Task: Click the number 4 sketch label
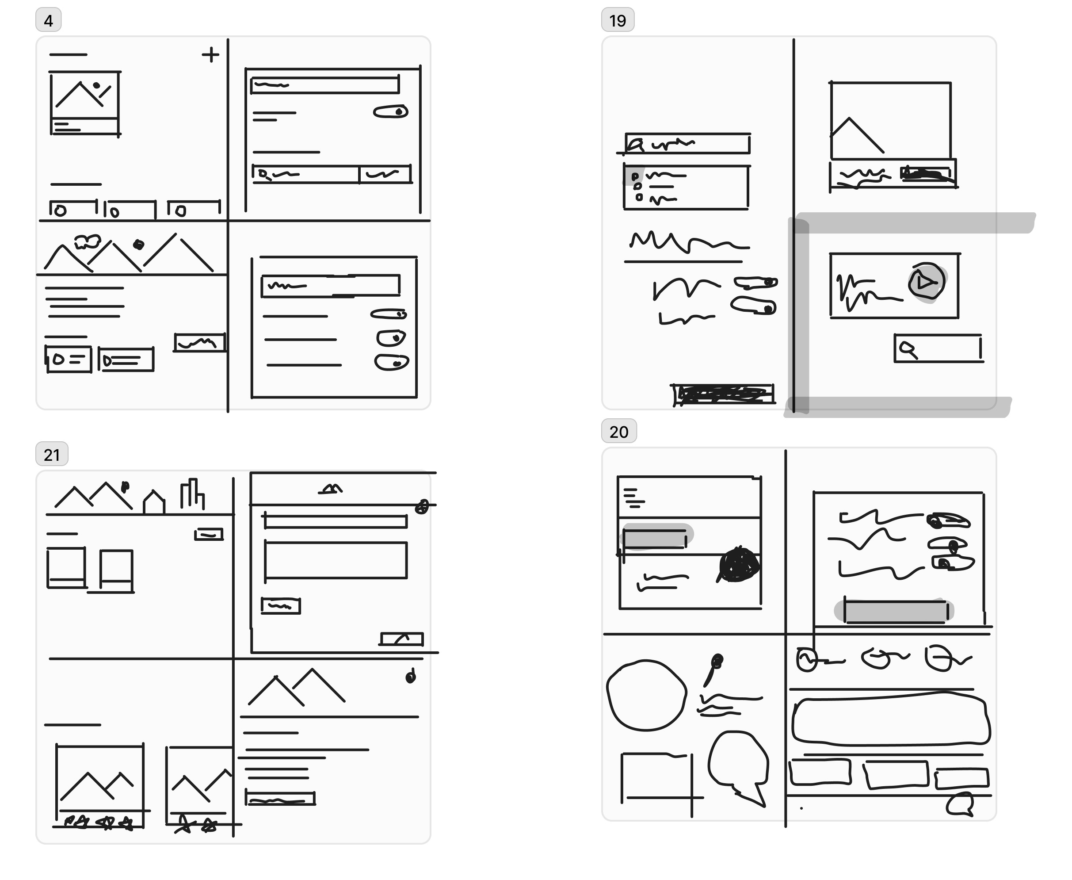pos(48,20)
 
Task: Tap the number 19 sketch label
pos(618,20)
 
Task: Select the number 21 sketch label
pos(52,454)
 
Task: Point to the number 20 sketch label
pos(618,432)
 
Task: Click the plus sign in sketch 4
pos(210,54)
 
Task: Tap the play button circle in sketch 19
pos(926,281)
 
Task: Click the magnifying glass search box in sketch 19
pos(938,348)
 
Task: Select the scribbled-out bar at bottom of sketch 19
pos(724,394)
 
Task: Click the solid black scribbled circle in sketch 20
pos(739,564)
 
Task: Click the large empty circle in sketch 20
pos(646,695)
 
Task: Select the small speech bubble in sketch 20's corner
pos(960,804)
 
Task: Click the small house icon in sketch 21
pos(154,502)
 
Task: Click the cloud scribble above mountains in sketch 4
pos(87,241)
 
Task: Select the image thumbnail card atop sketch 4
pos(84,103)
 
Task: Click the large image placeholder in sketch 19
pos(890,120)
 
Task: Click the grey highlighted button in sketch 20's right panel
pos(895,611)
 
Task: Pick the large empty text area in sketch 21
pos(336,560)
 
